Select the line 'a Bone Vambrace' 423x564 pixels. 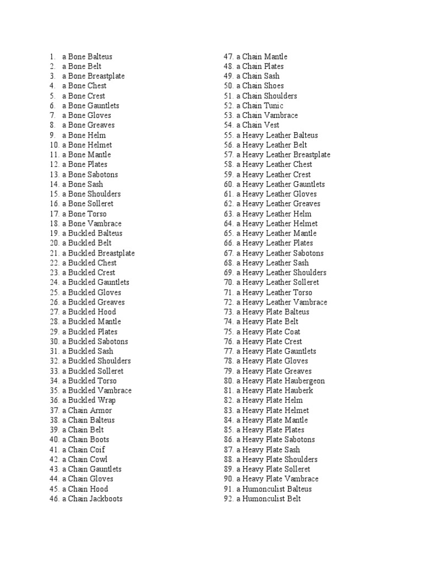pyautogui.click(x=91, y=224)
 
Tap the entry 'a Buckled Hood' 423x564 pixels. pyautogui.click(x=89, y=312)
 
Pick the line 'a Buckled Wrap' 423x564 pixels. pyautogui.click(x=88, y=400)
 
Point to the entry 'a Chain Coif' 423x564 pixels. pyautogui.click(x=83, y=449)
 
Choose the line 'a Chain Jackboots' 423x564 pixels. pyautogui.click(x=92, y=498)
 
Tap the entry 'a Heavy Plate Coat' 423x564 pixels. pyautogui.click(x=268, y=332)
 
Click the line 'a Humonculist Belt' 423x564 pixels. pyautogui.click(x=269, y=498)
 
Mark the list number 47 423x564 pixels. pyautogui.click(x=229, y=57)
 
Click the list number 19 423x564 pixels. pyautogui.click(x=53, y=234)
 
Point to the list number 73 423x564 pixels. pyautogui.click(x=229, y=312)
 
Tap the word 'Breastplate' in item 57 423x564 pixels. pyautogui.click(x=312, y=155)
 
